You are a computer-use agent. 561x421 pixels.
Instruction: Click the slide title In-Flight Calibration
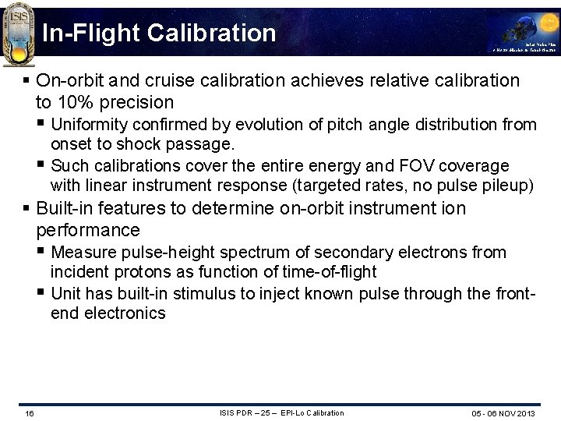159,33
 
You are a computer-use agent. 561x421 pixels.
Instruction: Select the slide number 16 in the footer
29,413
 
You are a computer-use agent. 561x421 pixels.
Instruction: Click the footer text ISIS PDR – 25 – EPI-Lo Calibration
281,412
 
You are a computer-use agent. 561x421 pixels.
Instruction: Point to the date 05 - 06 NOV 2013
503,413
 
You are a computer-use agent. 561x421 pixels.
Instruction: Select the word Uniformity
90,125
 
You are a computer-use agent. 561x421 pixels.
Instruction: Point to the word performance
88,231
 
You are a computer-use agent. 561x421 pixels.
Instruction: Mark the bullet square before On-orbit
26,80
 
